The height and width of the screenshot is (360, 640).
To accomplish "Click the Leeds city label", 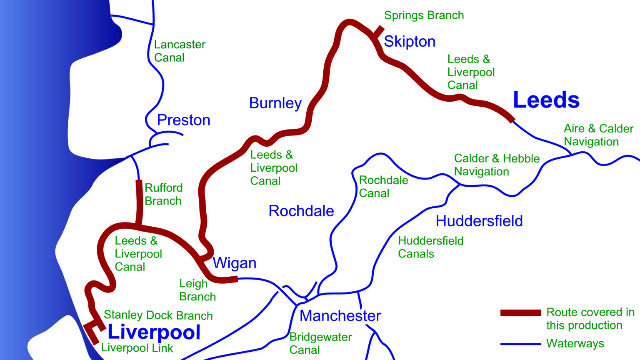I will click(546, 100).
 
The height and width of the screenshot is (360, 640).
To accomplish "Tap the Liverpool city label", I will click(154, 332).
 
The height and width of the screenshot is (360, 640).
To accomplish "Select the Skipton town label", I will click(409, 42).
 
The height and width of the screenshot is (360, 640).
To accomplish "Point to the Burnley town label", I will click(275, 103).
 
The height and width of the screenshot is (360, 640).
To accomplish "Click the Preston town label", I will click(183, 120).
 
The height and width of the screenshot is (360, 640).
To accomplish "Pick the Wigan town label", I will click(234, 263).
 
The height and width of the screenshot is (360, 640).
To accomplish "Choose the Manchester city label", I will click(340, 316).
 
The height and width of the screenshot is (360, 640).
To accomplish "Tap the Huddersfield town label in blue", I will click(479, 221).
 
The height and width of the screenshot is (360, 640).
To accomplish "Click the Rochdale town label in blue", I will click(301, 211).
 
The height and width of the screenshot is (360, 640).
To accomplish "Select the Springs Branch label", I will click(424, 15).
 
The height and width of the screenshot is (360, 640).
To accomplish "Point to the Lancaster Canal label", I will click(179, 51).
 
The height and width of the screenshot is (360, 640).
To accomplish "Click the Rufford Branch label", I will click(163, 194).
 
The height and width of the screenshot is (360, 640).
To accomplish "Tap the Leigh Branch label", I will click(197, 290).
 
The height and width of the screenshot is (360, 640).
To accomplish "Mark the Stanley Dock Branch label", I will click(158, 315).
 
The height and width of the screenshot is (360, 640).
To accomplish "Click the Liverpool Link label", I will click(137, 348).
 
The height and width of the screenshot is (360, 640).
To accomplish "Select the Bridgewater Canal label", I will click(320, 343).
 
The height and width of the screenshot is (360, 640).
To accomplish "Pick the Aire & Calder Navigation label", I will click(598, 135).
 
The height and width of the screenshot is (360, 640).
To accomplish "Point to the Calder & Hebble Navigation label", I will click(496, 165).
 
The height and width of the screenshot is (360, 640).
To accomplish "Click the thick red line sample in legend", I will click(520, 313).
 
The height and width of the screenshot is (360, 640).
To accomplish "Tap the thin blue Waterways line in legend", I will click(520, 344).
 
